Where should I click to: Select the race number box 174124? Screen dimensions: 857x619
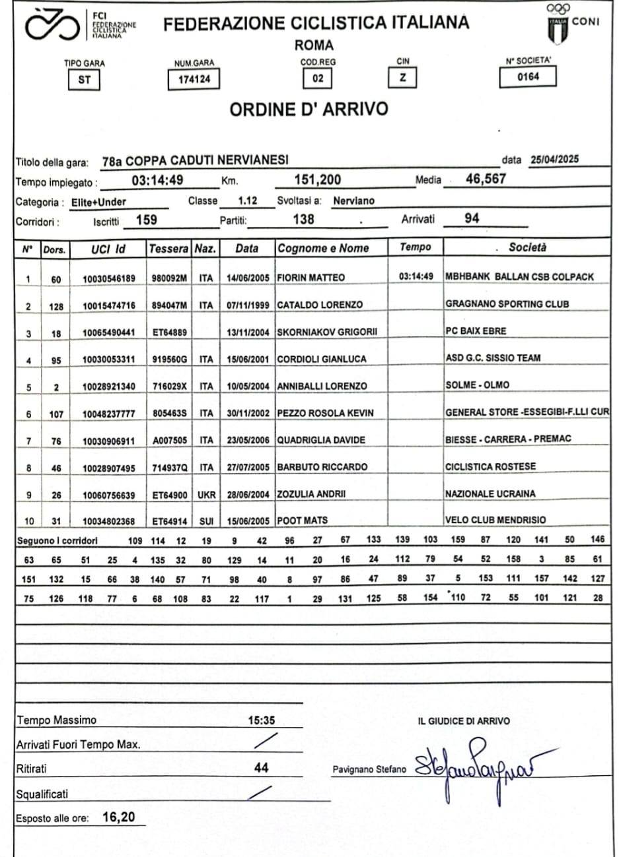point(193,80)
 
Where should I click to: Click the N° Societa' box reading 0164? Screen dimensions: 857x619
point(527,77)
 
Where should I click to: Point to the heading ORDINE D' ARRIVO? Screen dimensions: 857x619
point(309,110)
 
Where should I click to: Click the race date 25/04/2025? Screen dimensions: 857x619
point(554,160)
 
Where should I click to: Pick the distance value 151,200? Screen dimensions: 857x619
point(317,179)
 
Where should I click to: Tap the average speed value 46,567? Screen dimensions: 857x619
point(486,179)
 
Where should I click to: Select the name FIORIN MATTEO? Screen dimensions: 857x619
point(310,278)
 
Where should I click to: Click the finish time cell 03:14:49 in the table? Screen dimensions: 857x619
point(416,276)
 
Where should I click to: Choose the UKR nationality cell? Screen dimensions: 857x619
point(206,494)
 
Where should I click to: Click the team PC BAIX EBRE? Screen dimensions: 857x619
point(476,331)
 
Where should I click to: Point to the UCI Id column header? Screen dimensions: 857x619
point(108,249)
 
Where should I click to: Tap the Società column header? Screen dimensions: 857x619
point(527,247)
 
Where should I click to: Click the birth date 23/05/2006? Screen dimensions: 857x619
point(248,440)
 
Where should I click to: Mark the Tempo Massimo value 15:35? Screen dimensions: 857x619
point(262,720)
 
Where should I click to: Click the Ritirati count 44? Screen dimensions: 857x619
point(262,767)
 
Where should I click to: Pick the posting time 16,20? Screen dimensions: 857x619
point(119,817)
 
